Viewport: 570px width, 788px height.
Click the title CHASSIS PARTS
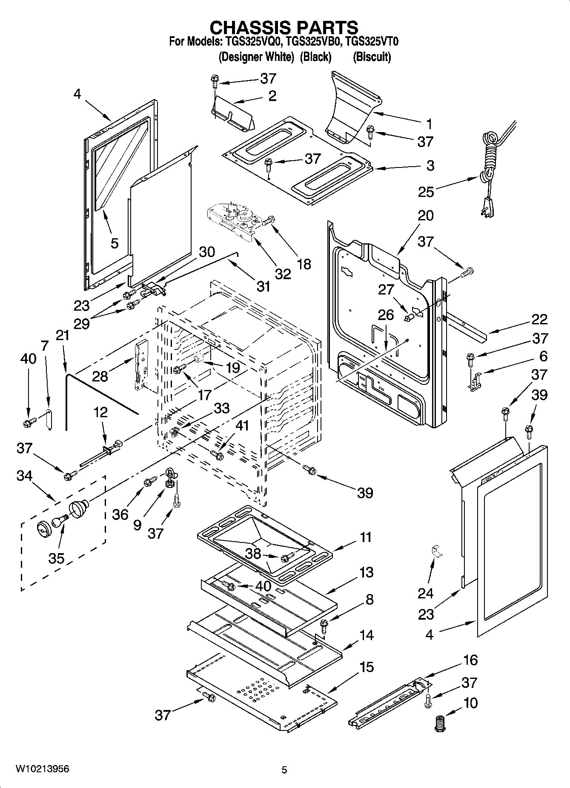point(284,27)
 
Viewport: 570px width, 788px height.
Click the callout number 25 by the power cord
point(426,192)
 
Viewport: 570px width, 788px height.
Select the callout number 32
point(283,273)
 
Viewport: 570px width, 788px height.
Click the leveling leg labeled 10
point(439,724)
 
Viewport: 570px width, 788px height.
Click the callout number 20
point(425,216)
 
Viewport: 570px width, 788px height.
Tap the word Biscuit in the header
point(372,57)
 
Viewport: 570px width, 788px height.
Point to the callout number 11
point(366,537)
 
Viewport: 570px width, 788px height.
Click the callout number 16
point(470,660)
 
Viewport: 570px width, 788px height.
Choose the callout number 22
point(538,320)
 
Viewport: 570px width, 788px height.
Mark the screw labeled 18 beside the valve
point(268,221)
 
